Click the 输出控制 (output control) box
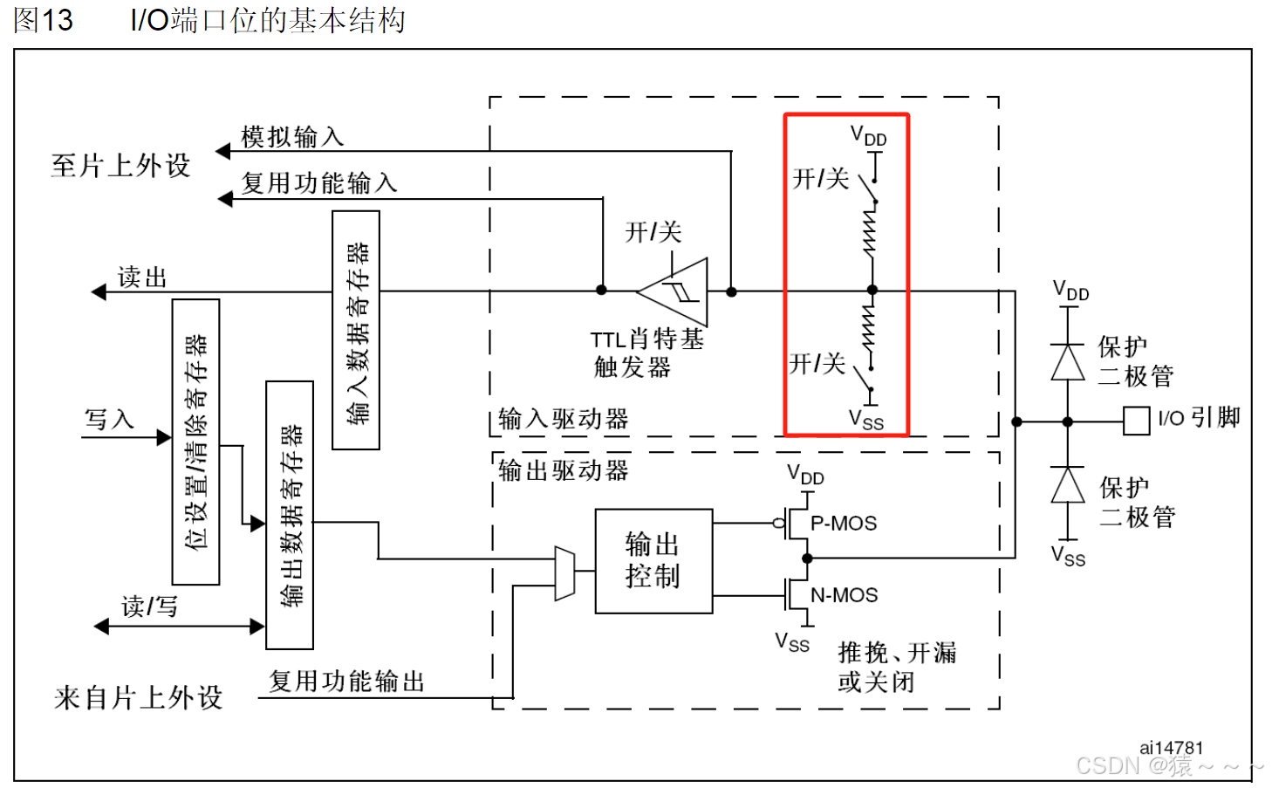click(653, 561)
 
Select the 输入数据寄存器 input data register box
click(356, 330)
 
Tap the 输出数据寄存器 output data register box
click(290, 515)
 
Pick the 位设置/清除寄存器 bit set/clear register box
click(196, 442)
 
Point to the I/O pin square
click(1136, 421)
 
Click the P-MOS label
click(844, 524)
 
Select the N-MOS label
click(844, 595)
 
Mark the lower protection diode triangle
click(1067, 485)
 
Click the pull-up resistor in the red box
click(870, 233)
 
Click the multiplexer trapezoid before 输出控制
click(565, 574)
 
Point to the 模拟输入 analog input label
click(292, 137)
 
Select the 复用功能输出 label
click(346, 682)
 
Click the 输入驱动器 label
click(563, 420)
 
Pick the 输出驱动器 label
click(563, 471)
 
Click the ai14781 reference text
click(1171, 748)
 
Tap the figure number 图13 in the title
click(43, 20)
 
